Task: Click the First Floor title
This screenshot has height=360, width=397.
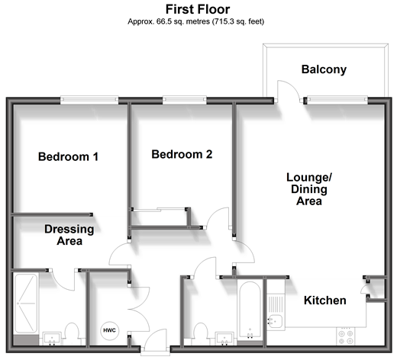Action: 198,9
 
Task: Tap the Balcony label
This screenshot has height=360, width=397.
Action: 324,69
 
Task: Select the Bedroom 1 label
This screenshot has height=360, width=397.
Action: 68,156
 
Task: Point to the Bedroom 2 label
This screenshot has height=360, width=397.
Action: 182,154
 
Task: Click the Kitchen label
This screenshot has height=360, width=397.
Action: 325,301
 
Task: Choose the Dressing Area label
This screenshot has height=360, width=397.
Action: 69,235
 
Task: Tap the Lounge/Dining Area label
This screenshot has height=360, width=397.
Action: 309,189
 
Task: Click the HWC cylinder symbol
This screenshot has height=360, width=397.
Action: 109,330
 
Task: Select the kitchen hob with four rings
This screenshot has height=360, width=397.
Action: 346,336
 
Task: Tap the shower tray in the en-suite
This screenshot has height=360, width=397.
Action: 26,303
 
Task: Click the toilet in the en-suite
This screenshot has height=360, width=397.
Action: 72,333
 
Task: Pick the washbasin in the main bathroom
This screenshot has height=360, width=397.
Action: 224,339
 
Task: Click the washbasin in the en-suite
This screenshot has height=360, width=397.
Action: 52,339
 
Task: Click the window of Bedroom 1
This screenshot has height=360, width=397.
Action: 89,100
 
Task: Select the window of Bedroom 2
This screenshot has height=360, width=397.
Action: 185,100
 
